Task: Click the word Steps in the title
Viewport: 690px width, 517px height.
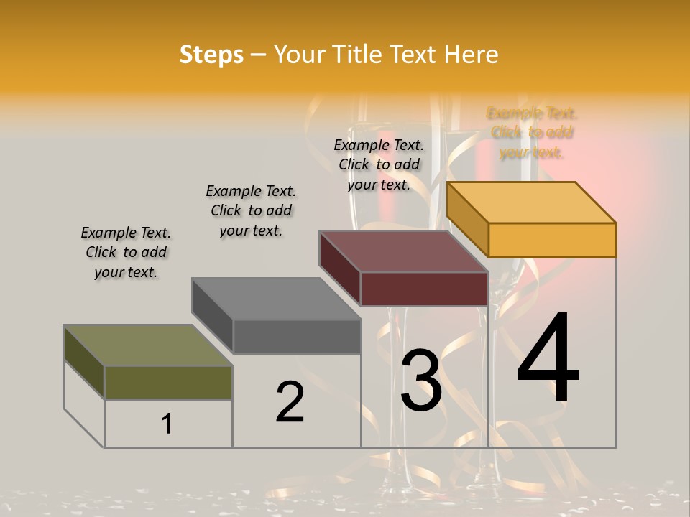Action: click(x=211, y=55)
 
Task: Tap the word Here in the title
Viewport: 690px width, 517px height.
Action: click(x=471, y=55)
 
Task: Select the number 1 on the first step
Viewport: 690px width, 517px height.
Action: click(x=167, y=424)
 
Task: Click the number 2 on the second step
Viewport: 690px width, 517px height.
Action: click(x=290, y=402)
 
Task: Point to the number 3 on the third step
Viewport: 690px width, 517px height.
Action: click(x=421, y=381)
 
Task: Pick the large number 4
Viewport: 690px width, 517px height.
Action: click(x=548, y=359)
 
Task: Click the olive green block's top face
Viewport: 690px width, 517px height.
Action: click(x=148, y=345)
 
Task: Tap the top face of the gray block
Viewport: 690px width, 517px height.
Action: click(x=276, y=299)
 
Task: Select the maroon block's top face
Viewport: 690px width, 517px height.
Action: click(x=404, y=251)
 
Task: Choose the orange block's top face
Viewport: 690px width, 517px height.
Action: click(x=532, y=202)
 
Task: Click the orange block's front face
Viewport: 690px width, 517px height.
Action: click(x=552, y=240)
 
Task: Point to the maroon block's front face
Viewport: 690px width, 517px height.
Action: click(x=424, y=289)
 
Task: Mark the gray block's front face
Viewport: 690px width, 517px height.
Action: click(x=296, y=336)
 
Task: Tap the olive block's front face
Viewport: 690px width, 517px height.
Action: click(x=168, y=382)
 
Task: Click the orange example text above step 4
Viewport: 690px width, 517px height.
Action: click(x=532, y=133)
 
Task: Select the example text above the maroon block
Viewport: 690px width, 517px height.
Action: click(x=379, y=164)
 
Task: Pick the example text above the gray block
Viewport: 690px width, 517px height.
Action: click(x=251, y=210)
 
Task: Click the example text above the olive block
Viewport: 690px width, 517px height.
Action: click(x=126, y=252)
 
